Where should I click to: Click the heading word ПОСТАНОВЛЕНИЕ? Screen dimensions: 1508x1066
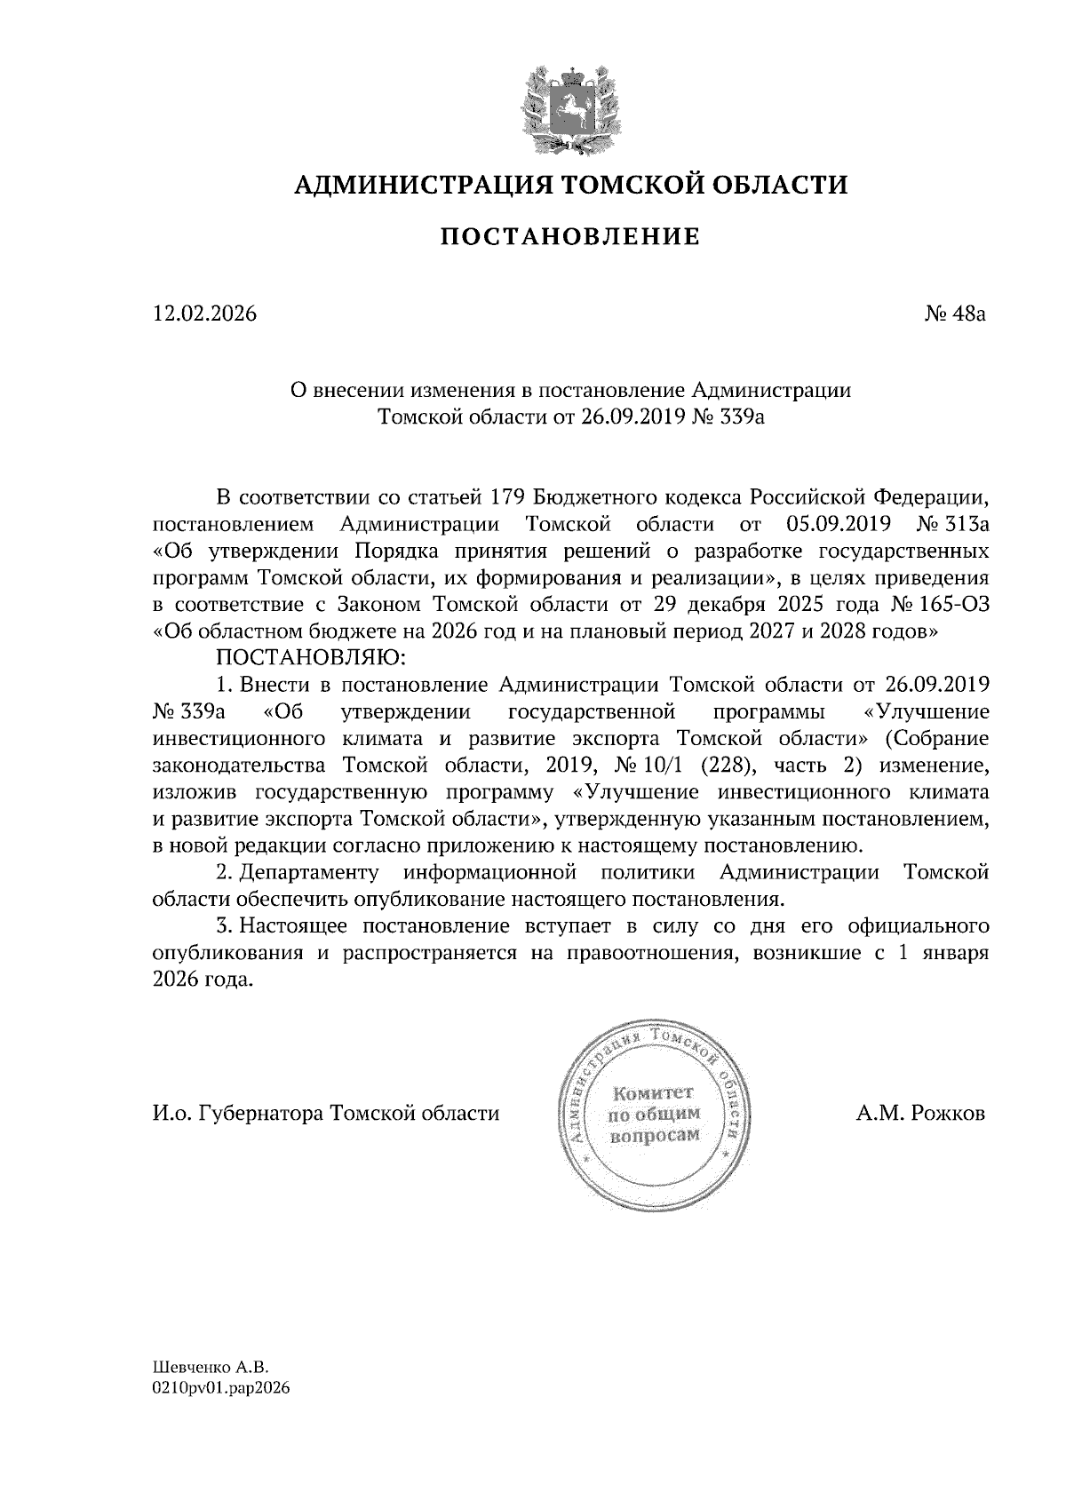570,237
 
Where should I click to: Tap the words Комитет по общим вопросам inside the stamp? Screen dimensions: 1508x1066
653,1113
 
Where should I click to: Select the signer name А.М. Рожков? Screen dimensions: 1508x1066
921,1114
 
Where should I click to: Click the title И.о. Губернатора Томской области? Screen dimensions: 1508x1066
326,1114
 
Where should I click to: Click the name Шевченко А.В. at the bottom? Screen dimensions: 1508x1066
210,1369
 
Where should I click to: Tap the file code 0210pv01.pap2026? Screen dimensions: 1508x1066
221,1388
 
